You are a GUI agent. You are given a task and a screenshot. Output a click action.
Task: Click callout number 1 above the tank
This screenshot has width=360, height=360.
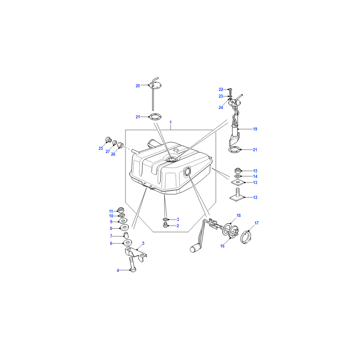[x=171, y=122]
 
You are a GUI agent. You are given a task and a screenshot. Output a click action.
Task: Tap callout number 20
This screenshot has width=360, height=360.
[x=138, y=85]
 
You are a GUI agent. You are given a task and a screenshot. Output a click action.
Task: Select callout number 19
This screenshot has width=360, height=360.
[x=255, y=129]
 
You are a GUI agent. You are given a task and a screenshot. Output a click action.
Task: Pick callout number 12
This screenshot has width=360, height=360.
[x=255, y=198]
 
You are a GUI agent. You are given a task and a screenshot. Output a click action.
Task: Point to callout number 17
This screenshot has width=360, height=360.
[x=256, y=223]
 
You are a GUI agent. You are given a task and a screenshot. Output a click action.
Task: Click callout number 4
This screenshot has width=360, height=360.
[x=118, y=270]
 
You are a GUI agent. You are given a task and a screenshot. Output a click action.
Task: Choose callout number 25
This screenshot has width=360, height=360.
[x=101, y=148]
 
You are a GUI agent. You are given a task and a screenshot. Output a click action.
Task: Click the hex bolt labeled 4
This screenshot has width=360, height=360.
[x=132, y=265]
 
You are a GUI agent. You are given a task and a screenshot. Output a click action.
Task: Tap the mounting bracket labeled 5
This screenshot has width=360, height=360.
[x=135, y=253]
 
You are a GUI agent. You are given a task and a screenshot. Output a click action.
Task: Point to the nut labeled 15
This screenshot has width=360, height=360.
[x=238, y=171]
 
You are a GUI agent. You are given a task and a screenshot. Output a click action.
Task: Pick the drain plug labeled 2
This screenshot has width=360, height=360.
[x=165, y=225]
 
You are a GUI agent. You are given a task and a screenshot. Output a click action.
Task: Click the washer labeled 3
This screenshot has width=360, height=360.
[x=166, y=219]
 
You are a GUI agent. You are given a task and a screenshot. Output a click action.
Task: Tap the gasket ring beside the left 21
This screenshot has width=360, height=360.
[x=155, y=117]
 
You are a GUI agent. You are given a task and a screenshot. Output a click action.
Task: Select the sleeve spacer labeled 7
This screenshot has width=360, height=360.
[x=126, y=235]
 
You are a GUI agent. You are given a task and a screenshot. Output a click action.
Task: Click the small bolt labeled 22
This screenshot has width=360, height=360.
[x=231, y=91]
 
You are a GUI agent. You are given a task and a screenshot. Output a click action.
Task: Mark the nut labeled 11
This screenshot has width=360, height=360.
[x=121, y=210]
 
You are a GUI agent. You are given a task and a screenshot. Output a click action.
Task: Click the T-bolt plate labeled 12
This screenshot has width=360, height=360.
[x=237, y=195]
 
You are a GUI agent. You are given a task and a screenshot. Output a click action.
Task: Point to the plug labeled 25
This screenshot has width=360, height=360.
[x=108, y=139]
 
